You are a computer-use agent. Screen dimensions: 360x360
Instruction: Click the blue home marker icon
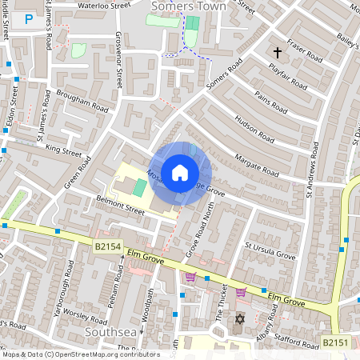tap(180, 172)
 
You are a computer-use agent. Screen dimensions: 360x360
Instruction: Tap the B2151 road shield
tap(336, 342)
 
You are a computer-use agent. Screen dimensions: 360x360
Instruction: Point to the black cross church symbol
tap(278, 53)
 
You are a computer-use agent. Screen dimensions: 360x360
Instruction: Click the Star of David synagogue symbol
tap(238, 320)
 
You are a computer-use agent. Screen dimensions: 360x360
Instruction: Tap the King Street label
tap(64, 150)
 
